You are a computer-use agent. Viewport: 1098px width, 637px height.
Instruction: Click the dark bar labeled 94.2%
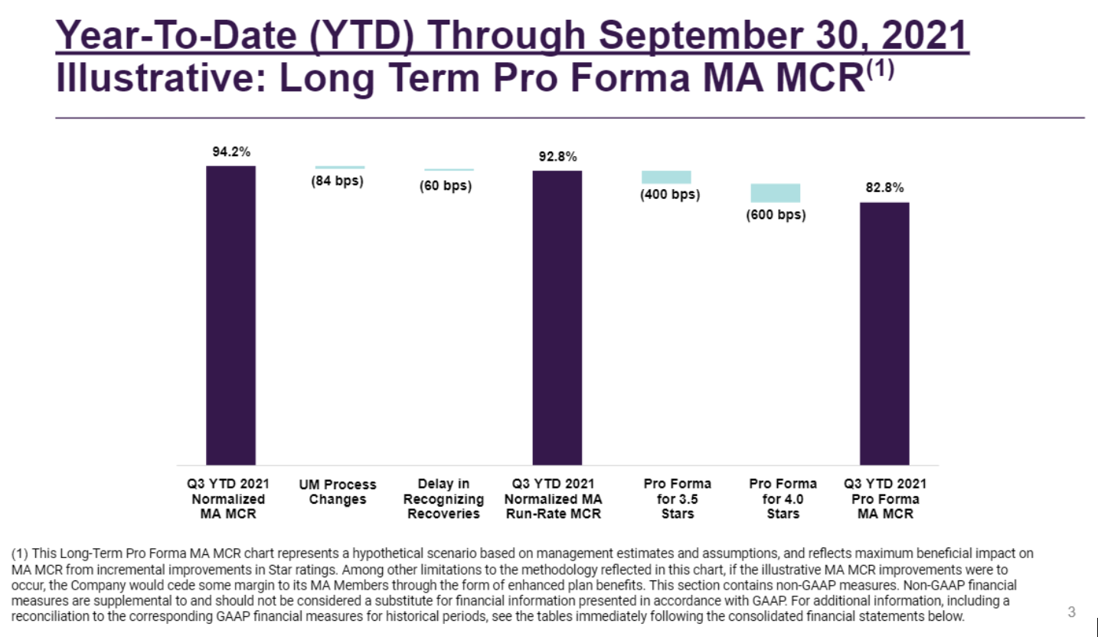tap(230, 315)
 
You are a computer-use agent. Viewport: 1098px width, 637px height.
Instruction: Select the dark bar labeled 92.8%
tap(557, 317)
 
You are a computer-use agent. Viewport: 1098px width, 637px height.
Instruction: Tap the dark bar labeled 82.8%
tap(884, 333)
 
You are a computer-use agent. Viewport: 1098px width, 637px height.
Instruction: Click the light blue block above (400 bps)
tap(666, 177)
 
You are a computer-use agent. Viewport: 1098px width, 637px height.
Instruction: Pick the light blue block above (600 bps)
tap(775, 193)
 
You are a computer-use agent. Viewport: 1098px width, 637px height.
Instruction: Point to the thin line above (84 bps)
tap(339, 167)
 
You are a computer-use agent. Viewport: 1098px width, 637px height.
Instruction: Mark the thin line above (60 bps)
tap(449, 170)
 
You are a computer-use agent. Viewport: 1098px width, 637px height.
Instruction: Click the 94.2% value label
tap(230, 152)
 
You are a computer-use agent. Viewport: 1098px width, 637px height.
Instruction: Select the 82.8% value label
tap(884, 188)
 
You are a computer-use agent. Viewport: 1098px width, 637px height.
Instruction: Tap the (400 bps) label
tap(669, 194)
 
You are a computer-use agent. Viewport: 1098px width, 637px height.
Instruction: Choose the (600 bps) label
tap(776, 215)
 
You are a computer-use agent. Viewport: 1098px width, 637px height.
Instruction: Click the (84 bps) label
tap(337, 181)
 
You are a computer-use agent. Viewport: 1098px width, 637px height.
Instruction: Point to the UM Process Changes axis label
tap(337, 492)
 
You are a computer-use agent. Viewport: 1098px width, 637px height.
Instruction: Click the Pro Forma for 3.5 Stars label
tap(677, 498)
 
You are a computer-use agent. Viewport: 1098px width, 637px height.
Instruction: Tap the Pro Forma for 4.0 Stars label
tap(783, 498)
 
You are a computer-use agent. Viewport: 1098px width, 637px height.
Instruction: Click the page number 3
tap(1071, 612)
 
